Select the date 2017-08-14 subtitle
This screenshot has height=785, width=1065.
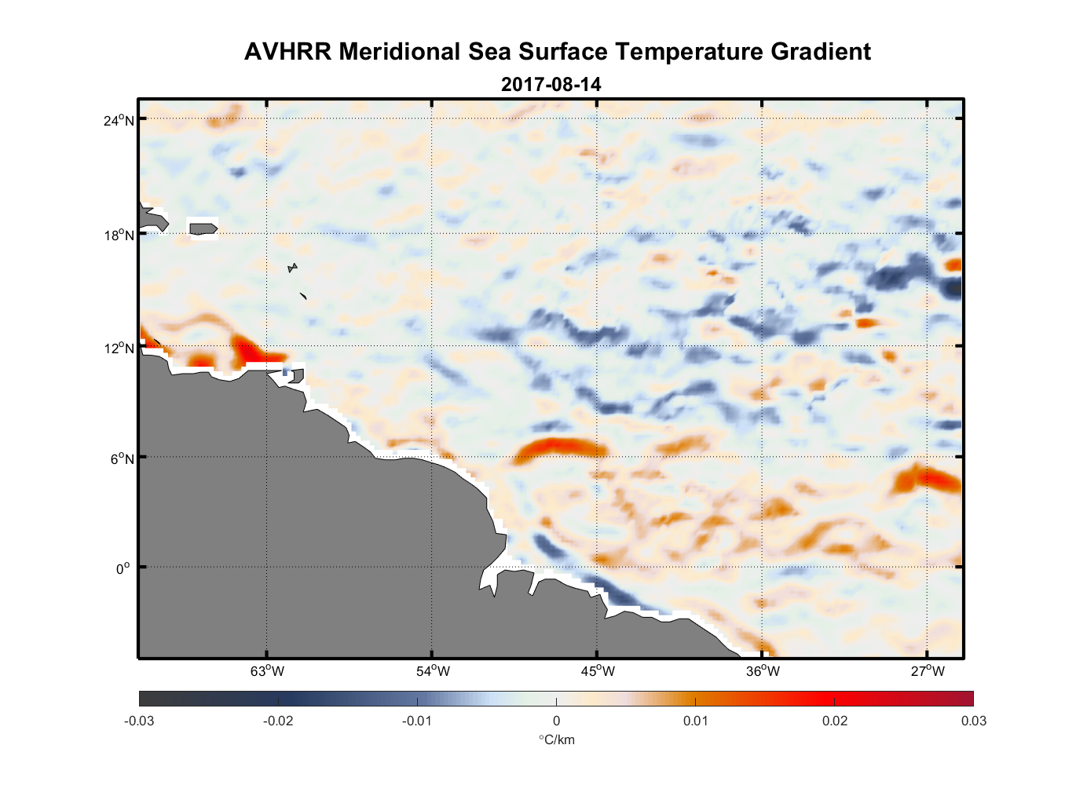click(551, 84)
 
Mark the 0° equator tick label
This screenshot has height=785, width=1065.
click(123, 568)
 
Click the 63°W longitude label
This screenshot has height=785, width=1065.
click(267, 671)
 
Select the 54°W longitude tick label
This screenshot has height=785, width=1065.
click(433, 671)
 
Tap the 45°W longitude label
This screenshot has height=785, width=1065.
click(598, 671)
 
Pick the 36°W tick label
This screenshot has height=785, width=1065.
click(763, 671)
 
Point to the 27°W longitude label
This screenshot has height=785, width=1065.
click(928, 671)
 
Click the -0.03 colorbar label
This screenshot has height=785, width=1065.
click(139, 721)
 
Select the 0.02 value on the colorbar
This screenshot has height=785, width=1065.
click(835, 721)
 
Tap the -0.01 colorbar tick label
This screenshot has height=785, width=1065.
click(417, 721)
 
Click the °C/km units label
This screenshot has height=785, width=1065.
click(556, 739)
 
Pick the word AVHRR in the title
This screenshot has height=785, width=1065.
click(287, 52)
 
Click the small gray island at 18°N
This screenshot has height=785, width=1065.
click(203, 228)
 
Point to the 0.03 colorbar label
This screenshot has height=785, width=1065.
click(973, 721)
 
